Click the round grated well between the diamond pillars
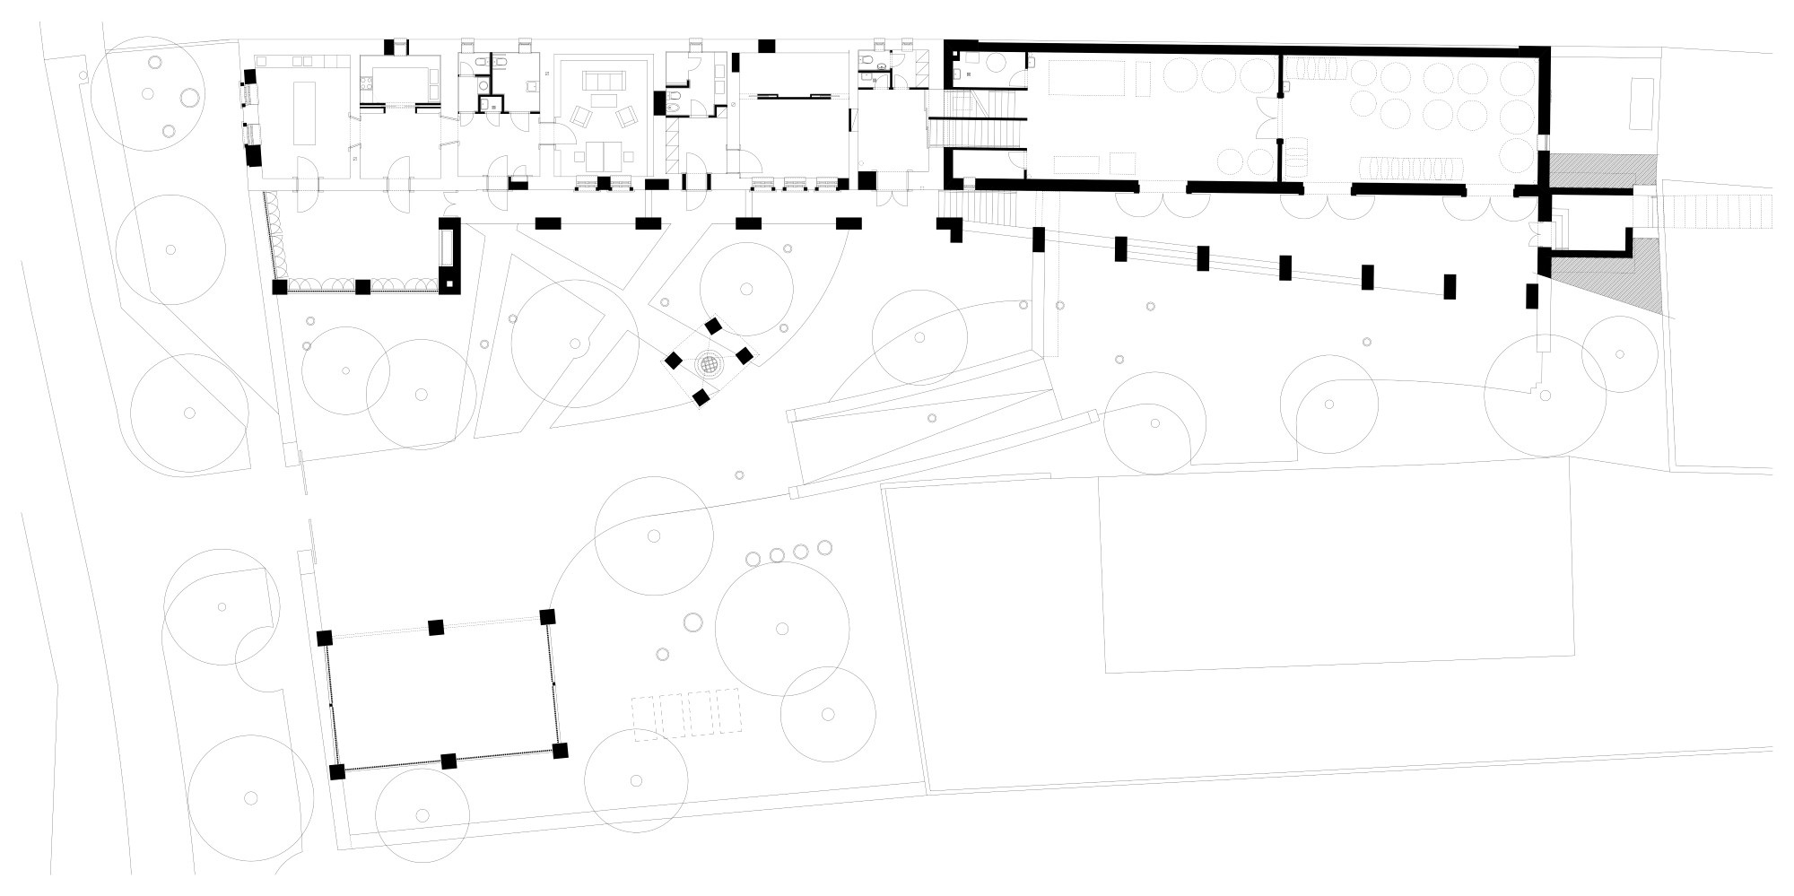[709, 365]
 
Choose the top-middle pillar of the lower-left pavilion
[436, 627]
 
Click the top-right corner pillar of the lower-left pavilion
[547, 617]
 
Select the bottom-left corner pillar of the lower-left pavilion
[337, 772]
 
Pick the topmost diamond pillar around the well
[714, 326]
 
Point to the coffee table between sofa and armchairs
[605, 101]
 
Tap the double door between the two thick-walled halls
[1280, 126]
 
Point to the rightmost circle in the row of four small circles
[824, 549]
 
